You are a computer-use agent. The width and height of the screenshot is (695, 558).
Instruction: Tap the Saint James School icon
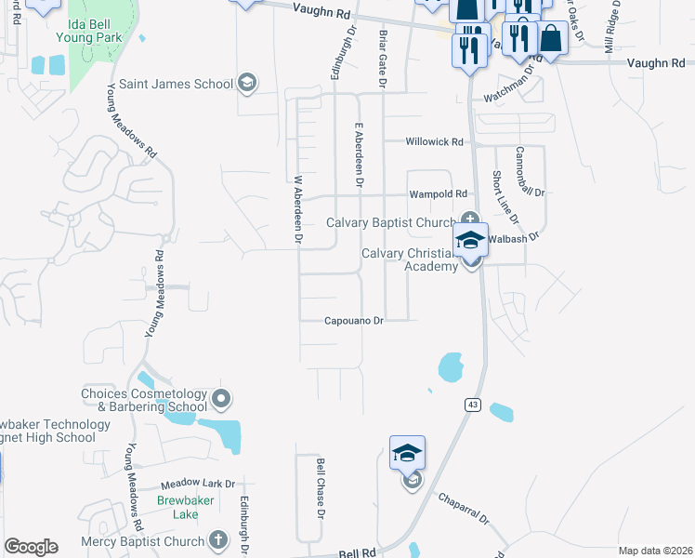coord(246,84)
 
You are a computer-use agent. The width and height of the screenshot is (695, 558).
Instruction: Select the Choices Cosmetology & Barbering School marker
coord(221,400)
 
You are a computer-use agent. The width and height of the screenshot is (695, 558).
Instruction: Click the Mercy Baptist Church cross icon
coord(217,540)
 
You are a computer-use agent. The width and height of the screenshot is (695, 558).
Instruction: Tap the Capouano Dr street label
coord(353,321)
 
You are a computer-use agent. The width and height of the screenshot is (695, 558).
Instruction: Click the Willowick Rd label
coord(434,142)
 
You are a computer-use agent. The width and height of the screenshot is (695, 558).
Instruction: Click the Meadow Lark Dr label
coord(198,485)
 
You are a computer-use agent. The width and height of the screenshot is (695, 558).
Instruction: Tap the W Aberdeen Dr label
coord(298,211)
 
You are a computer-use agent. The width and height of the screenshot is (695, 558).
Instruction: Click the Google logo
coord(31,547)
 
